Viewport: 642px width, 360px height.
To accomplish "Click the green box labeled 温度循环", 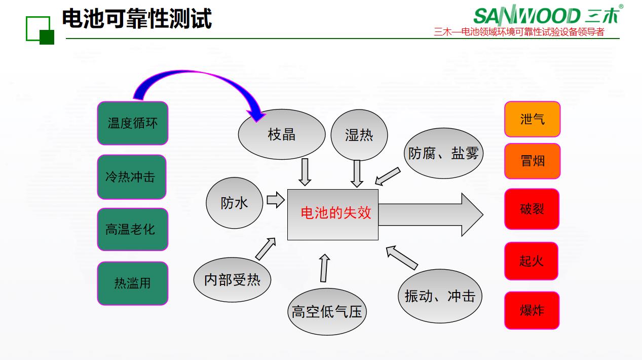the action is [x=133, y=123].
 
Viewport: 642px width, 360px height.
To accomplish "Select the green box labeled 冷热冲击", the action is [x=132, y=176].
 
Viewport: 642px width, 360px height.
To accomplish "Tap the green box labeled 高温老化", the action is [x=133, y=229].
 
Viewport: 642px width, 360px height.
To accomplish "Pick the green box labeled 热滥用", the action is [x=133, y=283].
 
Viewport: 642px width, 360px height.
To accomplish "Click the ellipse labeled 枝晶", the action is [x=282, y=134].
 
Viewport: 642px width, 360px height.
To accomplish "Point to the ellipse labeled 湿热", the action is [x=359, y=135].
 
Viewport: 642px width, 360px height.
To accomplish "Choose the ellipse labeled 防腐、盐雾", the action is [x=443, y=153].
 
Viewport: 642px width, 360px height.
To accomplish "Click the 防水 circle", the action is [x=235, y=203].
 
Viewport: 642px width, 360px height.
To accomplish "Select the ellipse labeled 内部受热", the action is [x=232, y=280].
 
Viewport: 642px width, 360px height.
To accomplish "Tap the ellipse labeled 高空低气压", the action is [x=327, y=311].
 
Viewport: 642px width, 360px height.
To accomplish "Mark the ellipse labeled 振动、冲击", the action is [x=440, y=296].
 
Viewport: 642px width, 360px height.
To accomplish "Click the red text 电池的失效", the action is [x=335, y=213].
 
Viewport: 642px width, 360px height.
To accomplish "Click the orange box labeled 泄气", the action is [x=532, y=119].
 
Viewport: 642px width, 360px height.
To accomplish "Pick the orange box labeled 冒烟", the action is [x=532, y=161].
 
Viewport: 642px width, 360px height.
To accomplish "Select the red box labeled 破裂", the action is [x=532, y=209].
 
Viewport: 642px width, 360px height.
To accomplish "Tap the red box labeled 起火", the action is [x=532, y=261].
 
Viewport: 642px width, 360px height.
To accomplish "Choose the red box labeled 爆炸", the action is [x=532, y=310].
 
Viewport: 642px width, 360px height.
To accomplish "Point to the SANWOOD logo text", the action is [x=527, y=16].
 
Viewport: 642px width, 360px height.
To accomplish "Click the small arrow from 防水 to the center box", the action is [x=276, y=200].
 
